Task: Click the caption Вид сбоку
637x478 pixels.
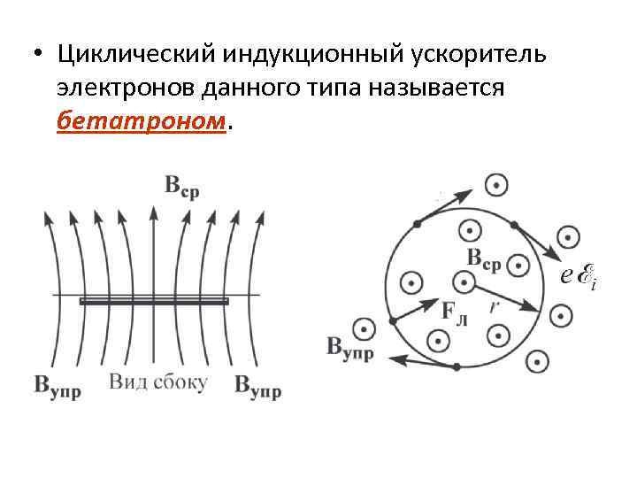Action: (x=158, y=382)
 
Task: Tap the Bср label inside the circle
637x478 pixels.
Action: (x=483, y=258)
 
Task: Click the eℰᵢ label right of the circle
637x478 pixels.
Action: (x=579, y=277)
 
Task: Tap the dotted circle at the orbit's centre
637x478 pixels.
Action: (x=462, y=282)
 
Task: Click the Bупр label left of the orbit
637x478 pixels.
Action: (x=350, y=347)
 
